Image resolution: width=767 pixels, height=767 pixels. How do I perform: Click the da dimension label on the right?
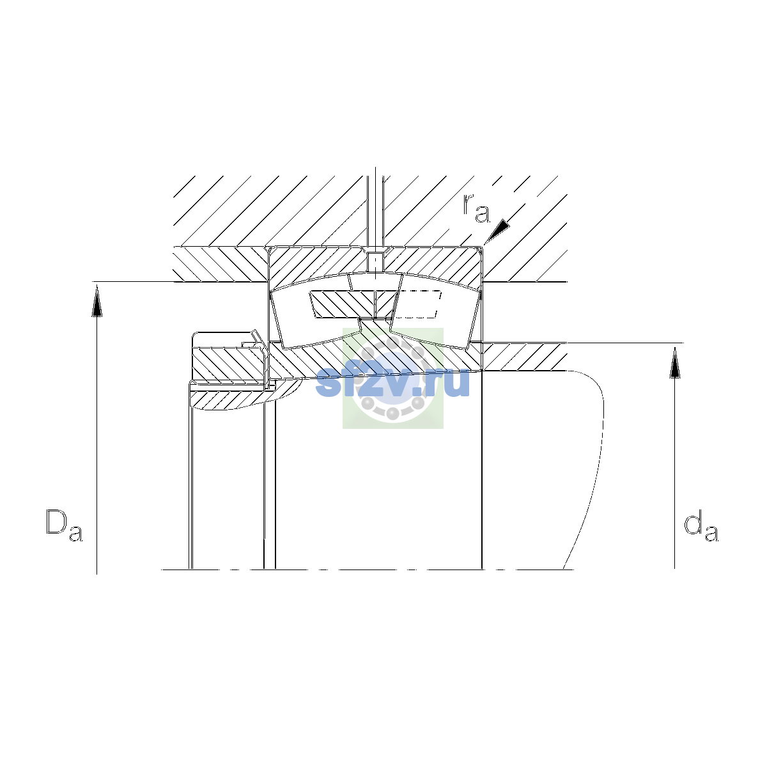701,527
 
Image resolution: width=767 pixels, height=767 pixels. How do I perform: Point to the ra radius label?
476,208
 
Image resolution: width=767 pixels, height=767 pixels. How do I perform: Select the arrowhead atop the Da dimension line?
97,302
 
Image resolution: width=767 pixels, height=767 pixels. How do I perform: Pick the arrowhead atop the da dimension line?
674,362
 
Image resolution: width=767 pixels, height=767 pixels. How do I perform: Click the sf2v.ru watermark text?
392,382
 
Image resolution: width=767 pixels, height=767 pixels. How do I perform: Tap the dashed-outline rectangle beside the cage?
418,304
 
